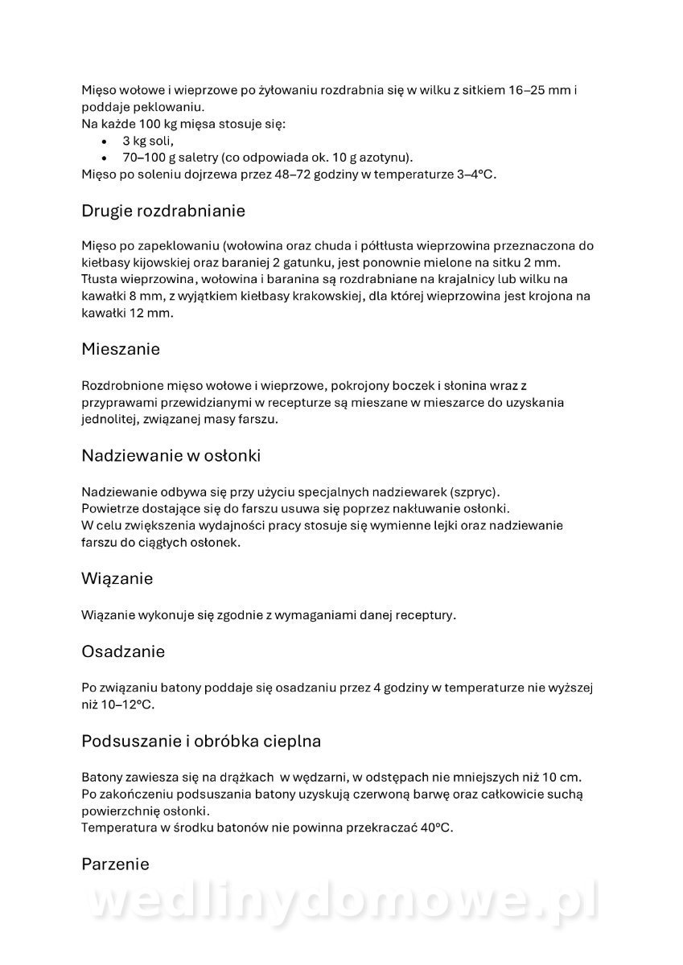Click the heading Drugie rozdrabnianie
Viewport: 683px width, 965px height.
[x=163, y=211]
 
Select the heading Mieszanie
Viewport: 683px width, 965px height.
[x=121, y=350]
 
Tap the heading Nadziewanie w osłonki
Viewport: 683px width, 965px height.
[x=171, y=456]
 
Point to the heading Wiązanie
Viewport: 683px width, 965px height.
[x=117, y=578]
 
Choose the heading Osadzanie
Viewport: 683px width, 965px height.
[x=123, y=651]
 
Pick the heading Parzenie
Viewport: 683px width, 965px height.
[x=115, y=864]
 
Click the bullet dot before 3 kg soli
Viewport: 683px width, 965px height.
[x=105, y=142]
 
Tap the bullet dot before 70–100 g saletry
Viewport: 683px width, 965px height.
[x=105, y=158]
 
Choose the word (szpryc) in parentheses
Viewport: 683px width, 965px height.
[x=475, y=491]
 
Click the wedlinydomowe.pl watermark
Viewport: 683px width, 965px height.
[x=341, y=902]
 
